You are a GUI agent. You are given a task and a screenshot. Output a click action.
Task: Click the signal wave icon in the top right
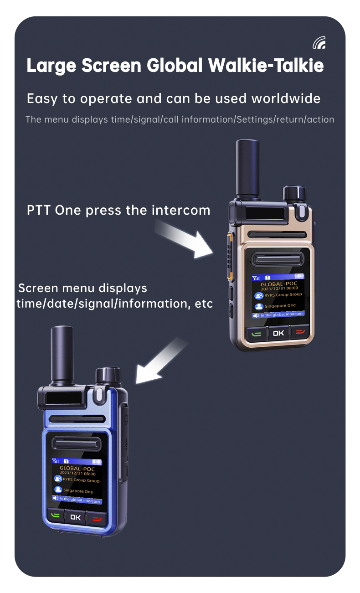[319, 43]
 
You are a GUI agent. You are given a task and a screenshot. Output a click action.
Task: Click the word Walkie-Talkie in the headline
[266, 66]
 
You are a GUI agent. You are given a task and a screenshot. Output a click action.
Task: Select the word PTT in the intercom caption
[39, 210]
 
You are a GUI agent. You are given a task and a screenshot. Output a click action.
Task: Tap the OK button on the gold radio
[278, 333]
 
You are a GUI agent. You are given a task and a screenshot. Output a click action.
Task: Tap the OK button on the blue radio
[75, 517]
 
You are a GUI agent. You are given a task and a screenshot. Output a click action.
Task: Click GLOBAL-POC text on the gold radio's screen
[279, 284]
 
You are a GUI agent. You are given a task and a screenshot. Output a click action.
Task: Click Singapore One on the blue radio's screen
[78, 491]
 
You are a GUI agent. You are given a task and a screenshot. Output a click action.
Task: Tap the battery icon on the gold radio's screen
[299, 276]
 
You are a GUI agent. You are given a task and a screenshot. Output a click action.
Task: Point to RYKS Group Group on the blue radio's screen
[81, 480]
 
